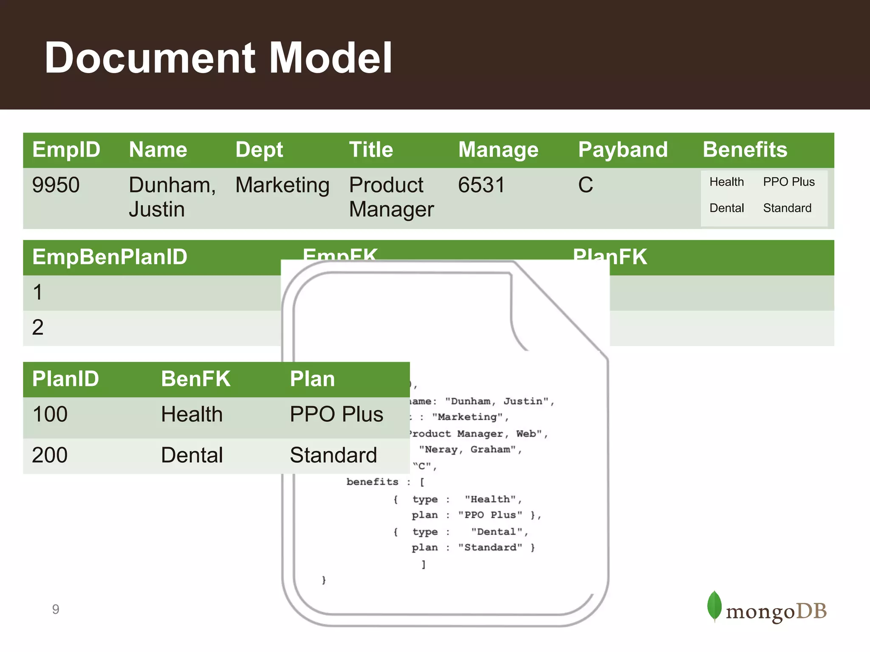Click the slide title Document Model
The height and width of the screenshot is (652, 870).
point(218,58)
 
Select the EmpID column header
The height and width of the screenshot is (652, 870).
point(66,150)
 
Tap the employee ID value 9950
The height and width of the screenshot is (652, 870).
point(56,185)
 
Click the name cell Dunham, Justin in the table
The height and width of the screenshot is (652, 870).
point(172,197)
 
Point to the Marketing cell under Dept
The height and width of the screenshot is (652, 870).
point(282,185)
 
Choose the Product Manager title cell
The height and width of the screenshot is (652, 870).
point(391,197)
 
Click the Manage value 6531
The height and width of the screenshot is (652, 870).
point(481,185)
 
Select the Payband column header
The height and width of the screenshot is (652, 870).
point(623,150)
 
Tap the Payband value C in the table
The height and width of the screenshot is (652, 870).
point(585,185)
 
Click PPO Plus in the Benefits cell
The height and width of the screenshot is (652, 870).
point(788,182)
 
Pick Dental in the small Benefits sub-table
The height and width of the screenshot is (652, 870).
point(726,208)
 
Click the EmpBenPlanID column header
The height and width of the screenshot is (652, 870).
point(110,257)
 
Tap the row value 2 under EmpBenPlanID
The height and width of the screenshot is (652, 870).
point(38,328)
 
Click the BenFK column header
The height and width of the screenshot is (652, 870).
point(195,379)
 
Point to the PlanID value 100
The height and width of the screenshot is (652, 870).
point(50,414)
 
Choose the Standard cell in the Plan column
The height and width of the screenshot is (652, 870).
point(333,455)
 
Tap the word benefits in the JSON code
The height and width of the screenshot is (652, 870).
point(372,482)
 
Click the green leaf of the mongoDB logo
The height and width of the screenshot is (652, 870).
point(714,606)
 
